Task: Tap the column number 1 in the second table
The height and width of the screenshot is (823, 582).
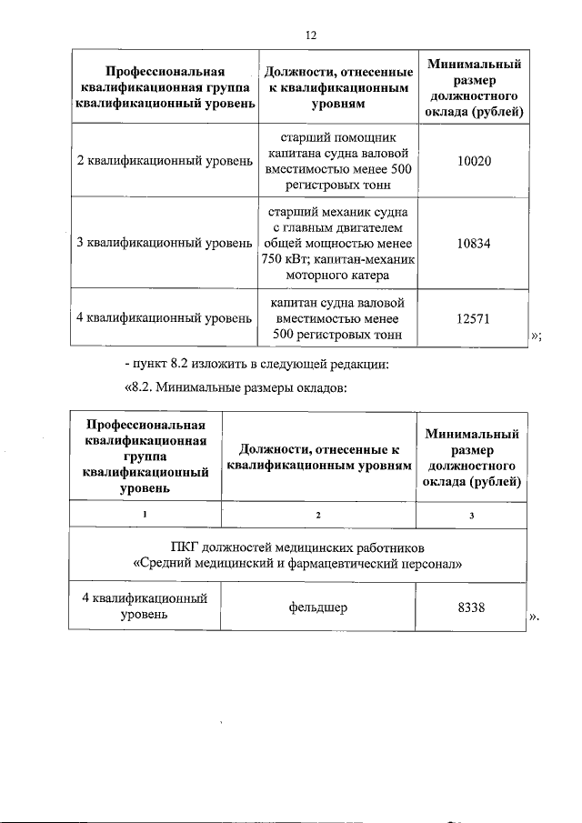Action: [x=144, y=515]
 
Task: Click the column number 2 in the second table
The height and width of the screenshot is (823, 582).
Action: [x=317, y=515]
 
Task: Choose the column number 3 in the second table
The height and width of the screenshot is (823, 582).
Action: [x=471, y=515]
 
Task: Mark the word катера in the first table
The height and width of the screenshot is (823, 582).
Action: [x=368, y=274]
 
